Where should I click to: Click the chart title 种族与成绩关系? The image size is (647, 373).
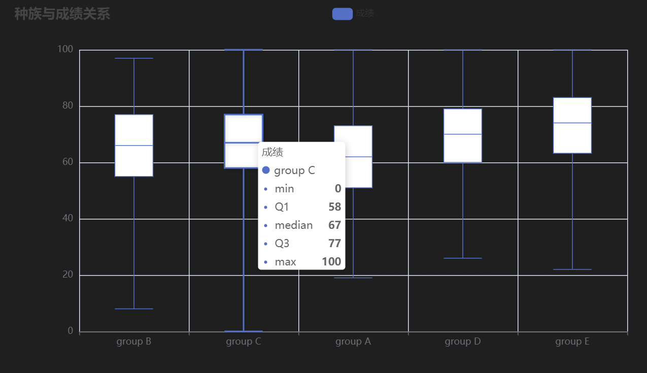tap(62, 14)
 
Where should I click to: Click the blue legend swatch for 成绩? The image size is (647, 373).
tap(342, 14)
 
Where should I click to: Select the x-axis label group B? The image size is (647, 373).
tap(133, 342)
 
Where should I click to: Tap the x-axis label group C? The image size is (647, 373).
tap(244, 342)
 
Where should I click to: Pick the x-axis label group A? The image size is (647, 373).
tap(353, 342)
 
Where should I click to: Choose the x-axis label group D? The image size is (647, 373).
tap(463, 342)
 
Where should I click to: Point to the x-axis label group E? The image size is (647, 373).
tap(572, 342)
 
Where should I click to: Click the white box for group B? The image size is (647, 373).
tap(134, 145)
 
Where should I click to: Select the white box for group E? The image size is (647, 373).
tap(572, 125)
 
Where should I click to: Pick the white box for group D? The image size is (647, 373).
tap(463, 135)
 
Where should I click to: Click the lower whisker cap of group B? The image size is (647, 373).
tap(134, 309)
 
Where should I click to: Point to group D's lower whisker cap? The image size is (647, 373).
tap(463, 258)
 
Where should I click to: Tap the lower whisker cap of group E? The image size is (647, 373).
tap(572, 269)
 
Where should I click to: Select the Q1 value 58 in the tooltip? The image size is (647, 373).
tap(334, 207)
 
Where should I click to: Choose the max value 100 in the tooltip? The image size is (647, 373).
tap(331, 262)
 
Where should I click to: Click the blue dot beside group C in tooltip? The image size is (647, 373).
tap(266, 171)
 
